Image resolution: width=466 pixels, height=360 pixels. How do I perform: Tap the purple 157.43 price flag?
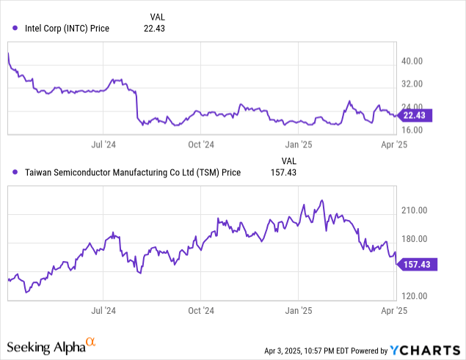[418, 265]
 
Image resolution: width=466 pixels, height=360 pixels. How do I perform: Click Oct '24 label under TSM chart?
[200, 311]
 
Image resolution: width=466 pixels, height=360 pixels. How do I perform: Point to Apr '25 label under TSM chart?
[396, 311]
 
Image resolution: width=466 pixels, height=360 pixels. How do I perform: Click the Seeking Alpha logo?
[51, 345]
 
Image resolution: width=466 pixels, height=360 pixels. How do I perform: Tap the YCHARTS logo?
[421, 350]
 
